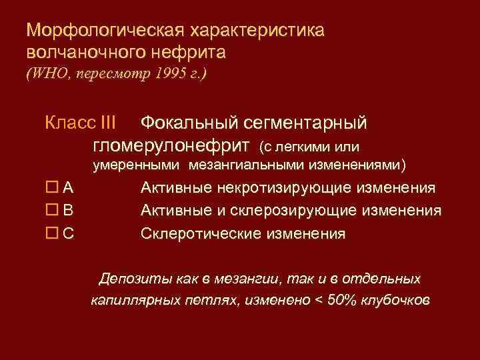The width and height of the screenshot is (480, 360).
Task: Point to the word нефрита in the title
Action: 194,51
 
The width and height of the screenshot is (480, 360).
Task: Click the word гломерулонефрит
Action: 170,144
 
